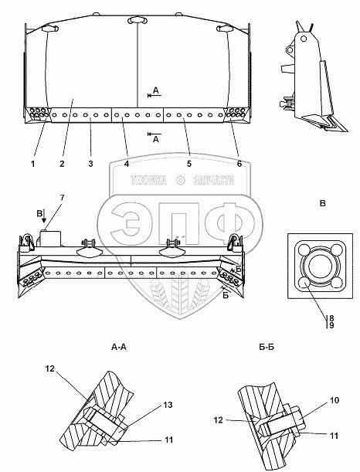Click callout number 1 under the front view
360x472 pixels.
32,164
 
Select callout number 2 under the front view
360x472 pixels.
62,164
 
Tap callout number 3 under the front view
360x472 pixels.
90,164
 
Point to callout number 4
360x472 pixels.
127,164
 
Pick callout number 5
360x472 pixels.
189,164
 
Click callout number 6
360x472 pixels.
239,164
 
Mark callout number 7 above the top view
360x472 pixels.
62,198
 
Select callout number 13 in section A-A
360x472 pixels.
168,405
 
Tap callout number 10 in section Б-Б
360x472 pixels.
335,400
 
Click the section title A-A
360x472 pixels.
119,348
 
